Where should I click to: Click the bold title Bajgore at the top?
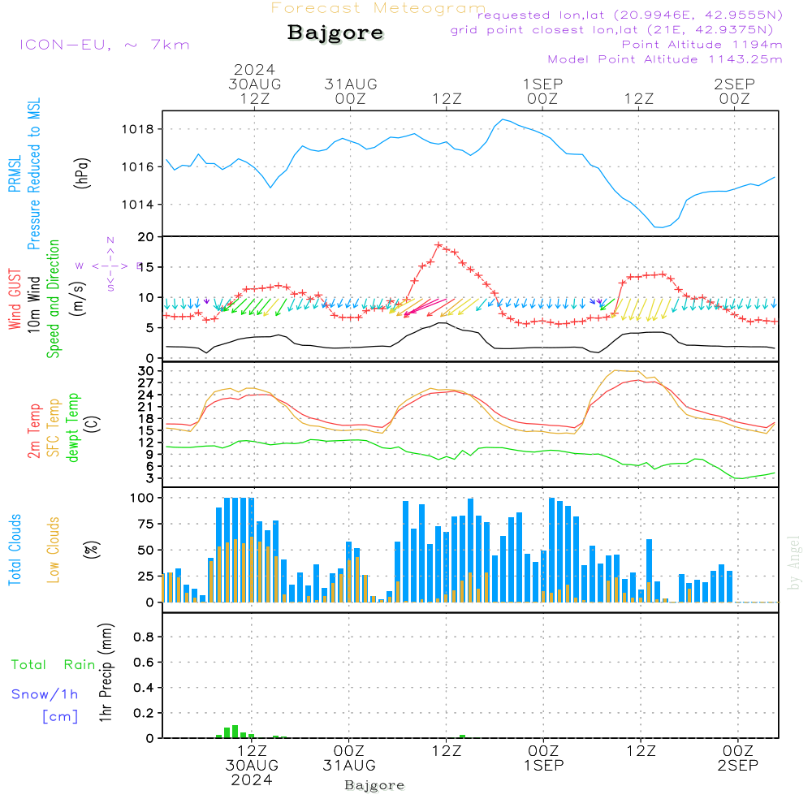(x=335, y=33)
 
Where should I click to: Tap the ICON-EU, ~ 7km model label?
(x=104, y=44)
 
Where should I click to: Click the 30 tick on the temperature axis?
(x=149, y=371)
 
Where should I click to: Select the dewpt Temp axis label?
(x=73, y=429)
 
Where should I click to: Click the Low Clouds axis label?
(x=54, y=549)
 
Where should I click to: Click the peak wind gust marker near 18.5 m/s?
(x=438, y=244)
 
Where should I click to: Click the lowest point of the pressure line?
(x=659, y=227)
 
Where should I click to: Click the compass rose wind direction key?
(x=110, y=265)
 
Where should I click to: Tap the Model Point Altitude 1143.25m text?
(x=665, y=59)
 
